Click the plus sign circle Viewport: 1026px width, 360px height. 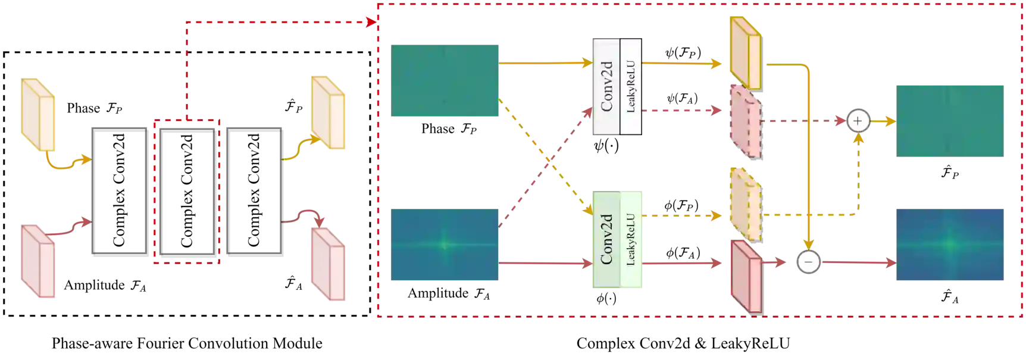tap(858, 121)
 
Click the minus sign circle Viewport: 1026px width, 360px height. tap(808, 262)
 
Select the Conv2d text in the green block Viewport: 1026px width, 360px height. tap(606, 239)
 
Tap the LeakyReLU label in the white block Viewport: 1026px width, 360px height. tap(631, 86)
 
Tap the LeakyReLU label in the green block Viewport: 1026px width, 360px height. tap(631, 239)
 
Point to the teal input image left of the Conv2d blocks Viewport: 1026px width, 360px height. tap(445, 80)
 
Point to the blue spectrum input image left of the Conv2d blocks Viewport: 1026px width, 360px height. tap(445, 243)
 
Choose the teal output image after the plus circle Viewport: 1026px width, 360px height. tap(949, 119)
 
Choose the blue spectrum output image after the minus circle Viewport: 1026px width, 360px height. tap(949, 243)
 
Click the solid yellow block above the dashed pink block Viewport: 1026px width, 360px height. tap(745, 52)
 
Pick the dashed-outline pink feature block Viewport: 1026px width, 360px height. tap(745, 121)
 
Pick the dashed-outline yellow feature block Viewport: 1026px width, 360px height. tap(745, 204)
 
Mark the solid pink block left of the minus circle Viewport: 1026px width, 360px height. tap(745, 276)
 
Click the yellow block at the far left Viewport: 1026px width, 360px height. tap(38, 113)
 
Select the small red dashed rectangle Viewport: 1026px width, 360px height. tap(187, 192)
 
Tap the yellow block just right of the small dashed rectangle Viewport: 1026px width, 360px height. tap(328, 113)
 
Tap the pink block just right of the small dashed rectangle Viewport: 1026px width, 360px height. tap(328, 265)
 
